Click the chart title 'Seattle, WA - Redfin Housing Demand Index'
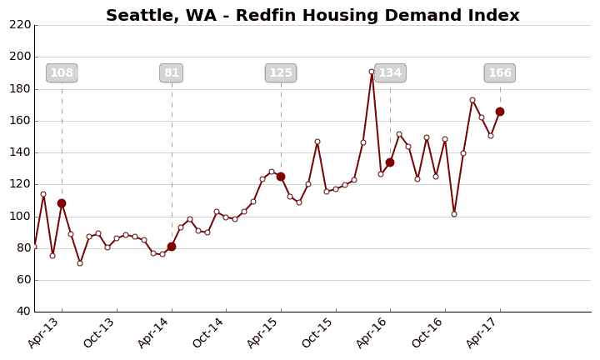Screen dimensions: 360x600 312,16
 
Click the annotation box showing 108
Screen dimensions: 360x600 62,73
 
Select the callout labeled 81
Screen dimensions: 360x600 172,73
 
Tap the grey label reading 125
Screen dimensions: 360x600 281,73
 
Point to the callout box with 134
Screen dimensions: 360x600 390,73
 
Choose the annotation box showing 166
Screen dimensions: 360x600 500,73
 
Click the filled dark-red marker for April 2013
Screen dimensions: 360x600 62,203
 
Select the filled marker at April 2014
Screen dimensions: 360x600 172,247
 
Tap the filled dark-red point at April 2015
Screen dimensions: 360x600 281,177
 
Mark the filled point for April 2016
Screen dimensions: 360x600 390,162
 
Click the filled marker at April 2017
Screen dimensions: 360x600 500,112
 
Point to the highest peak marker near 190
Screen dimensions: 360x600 372,72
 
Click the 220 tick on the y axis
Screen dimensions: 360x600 20,25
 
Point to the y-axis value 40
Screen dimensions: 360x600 23,312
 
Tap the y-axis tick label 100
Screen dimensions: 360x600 20,217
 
